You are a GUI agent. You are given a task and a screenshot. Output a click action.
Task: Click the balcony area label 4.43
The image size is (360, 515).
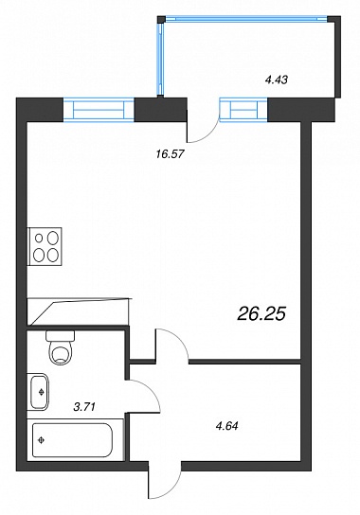(277, 80)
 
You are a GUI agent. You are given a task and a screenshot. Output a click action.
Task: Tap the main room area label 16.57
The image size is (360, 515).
(170, 153)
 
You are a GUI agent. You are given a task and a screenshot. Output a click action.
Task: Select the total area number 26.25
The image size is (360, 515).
(261, 314)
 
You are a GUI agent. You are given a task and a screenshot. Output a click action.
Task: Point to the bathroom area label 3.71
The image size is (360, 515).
(84, 407)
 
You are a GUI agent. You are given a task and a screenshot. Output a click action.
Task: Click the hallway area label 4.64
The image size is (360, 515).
(226, 426)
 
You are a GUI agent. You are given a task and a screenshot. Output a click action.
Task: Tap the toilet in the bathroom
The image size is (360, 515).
(61, 347)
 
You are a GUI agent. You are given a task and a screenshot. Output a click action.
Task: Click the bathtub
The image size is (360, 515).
(72, 440)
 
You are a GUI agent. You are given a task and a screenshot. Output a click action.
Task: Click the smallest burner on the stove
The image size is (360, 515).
(39, 238)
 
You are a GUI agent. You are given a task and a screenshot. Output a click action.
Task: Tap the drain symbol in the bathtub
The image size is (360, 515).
(42, 440)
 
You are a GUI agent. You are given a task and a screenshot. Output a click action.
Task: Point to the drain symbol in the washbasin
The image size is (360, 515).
(42, 392)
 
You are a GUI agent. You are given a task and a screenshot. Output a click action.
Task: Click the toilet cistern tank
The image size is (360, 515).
(61, 336)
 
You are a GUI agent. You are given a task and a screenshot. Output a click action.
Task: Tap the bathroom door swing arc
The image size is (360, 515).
(152, 390)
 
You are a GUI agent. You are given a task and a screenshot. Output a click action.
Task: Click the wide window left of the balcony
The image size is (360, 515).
(99, 110)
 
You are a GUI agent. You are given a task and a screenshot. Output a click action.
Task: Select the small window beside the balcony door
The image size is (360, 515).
(243, 110)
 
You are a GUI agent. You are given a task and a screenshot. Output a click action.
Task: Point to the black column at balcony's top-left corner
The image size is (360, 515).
(161, 19)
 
